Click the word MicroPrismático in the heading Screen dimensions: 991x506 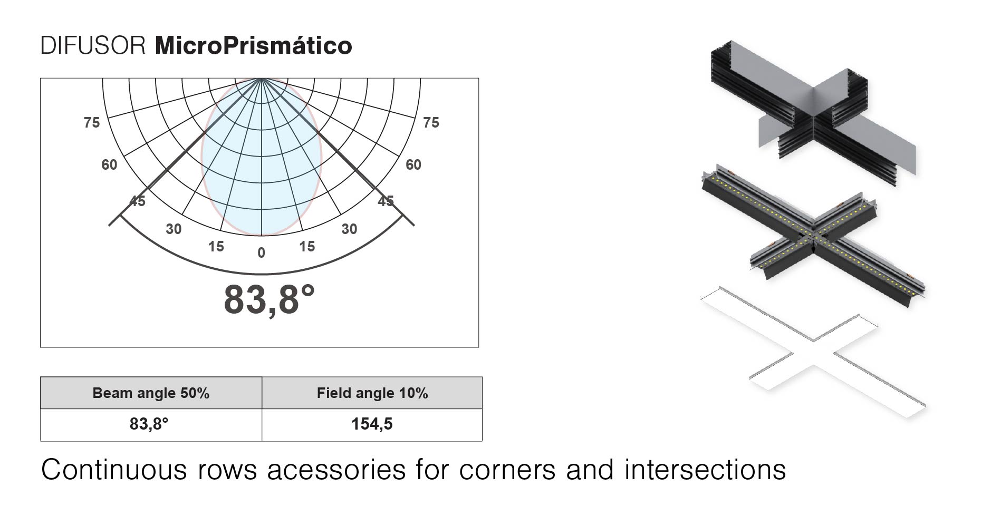tap(254, 46)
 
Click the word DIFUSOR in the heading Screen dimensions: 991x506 tap(93, 46)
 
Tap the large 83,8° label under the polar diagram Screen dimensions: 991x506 tap(270, 300)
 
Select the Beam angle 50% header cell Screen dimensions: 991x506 tap(151, 393)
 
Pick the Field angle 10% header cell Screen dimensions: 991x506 tap(372, 393)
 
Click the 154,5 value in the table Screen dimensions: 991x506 tap(372, 424)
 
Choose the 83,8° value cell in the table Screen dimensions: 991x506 tap(151, 425)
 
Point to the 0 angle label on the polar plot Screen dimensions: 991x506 tap(261, 254)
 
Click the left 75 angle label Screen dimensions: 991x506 tap(92, 123)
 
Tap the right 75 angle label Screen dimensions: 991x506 tap(431, 123)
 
